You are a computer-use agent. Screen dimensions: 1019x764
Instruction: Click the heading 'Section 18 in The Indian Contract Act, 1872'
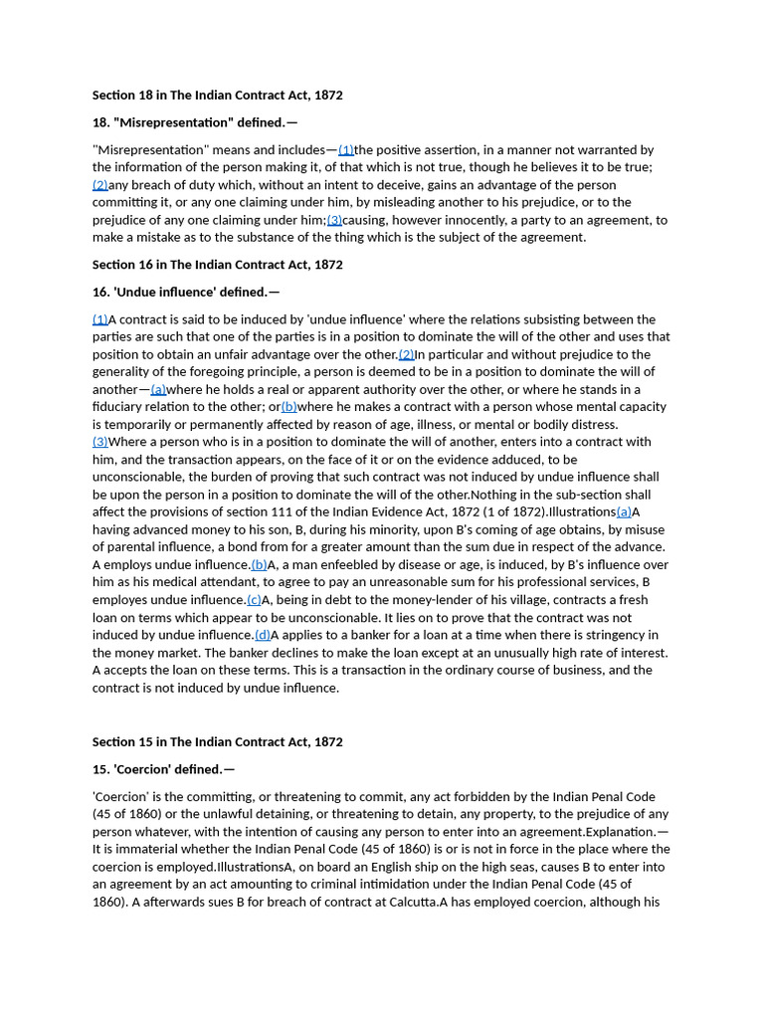(x=217, y=95)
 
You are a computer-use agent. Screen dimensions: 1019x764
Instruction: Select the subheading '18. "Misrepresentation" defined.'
(x=194, y=122)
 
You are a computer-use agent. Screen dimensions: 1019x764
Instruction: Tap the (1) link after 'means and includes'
(x=346, y=150)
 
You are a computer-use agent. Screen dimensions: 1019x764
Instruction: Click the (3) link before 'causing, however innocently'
(x=334, y=220)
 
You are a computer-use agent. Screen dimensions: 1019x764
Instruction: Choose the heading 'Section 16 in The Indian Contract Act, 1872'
(x=217, y=265)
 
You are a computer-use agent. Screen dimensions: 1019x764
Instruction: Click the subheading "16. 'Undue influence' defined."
(x=185, y=292)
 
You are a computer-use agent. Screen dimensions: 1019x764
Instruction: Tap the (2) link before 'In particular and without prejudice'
(x=406, y=354)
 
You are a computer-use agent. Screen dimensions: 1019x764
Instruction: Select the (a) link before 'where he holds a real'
(x=158, y=389)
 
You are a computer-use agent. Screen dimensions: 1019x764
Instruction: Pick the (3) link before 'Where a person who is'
(x=100, y=442)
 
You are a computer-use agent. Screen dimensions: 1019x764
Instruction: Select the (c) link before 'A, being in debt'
(x=254, y=600)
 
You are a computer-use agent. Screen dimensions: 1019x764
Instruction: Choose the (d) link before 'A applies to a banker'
(x=263, y=635)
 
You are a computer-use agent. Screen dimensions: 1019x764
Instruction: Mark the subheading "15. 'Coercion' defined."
(x=163, y=769)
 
